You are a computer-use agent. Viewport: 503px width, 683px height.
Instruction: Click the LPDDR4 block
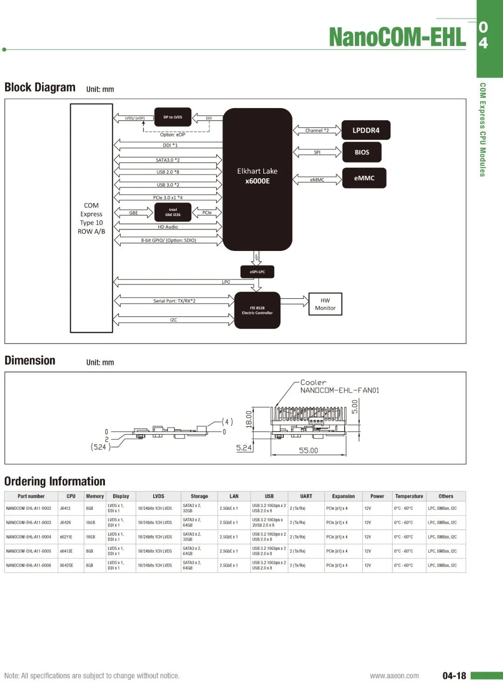pos(366,130)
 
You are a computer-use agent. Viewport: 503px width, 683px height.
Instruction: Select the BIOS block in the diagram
pos(362,152)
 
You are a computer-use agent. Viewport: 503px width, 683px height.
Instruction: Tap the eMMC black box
pos(364,178)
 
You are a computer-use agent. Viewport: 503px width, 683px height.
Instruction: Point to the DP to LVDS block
pos(173,117)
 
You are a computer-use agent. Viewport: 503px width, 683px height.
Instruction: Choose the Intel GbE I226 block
pos(173,212)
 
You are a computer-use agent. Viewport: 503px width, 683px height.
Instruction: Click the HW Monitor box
pos(325,304)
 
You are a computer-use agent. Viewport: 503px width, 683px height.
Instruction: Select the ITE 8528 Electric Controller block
pos(257,311)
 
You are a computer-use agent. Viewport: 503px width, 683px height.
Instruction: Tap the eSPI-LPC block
pos(257,272)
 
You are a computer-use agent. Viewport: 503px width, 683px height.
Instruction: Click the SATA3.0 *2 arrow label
pos(168,160)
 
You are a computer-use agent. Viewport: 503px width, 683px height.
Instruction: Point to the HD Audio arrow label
pos(168,227)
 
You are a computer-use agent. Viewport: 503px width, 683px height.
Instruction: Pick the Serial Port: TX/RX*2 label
pos(174,301)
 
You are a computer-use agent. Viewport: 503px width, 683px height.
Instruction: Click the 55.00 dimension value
pos(308,451)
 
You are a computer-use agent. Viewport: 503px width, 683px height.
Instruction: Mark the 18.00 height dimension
pos(249,418)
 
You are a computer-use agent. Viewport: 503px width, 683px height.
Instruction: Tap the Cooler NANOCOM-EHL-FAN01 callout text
pos(340,386)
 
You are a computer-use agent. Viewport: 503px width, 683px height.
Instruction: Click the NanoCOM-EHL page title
pos(397,37)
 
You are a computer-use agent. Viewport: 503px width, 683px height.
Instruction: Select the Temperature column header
pos(409,496)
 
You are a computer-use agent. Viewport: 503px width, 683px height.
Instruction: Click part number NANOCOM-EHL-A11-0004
pos(29,537)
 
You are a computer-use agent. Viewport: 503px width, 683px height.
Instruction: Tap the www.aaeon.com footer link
pos(394,676)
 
